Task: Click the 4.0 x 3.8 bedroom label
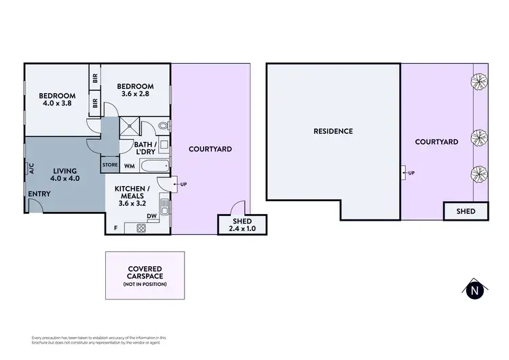[x=57, y=100]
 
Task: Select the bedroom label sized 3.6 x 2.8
[x=136, y=90]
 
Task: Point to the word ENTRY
[x=39, y=194]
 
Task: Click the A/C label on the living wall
[x=31, y=168]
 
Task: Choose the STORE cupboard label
[x=110, y=164]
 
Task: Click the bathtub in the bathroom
[x=153, y=166]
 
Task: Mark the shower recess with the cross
[x=128, y=126]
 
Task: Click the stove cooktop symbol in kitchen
[x=140, y=228]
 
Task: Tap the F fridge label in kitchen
[x=115, y=228]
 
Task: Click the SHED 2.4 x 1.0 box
[x=243, y=225]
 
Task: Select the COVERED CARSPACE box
[x=145, y=276]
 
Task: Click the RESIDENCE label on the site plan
[x=333, y=131]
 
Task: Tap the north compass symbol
[x=476, y=290]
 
